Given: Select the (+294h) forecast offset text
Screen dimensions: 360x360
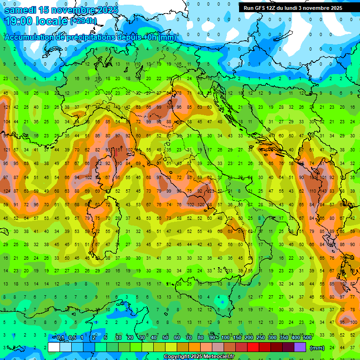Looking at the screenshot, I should click(83, 21).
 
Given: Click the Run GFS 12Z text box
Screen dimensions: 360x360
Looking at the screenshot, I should click(293, 8).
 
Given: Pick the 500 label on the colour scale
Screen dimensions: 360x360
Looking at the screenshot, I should click(307, 338).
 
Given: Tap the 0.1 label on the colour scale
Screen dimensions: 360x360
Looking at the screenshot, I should click(60, 338).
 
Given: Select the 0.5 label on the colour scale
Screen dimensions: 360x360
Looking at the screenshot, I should click(72, 338).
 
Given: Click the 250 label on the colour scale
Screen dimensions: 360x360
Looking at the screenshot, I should click(260, 338).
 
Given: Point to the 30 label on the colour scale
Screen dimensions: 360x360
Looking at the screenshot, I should click(142, 338).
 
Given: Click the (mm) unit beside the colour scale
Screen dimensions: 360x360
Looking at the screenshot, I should click(317, 348).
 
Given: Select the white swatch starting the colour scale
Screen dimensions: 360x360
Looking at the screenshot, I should click(54, 347).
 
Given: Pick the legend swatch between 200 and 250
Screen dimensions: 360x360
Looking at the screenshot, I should click(254, 347).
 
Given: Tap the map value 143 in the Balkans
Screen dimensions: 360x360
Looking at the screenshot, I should click(323, 191).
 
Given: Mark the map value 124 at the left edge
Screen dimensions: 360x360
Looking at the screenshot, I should click(7, 191).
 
